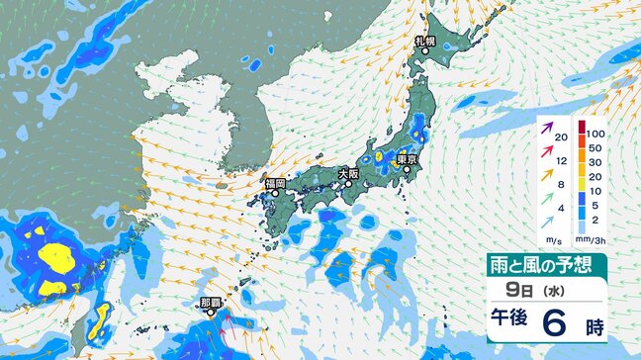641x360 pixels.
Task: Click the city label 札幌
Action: click(425, 41)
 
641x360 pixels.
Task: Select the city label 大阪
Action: click(348, 173)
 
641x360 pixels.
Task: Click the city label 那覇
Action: click(210, 302)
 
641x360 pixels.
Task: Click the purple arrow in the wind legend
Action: click(548, 128)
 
